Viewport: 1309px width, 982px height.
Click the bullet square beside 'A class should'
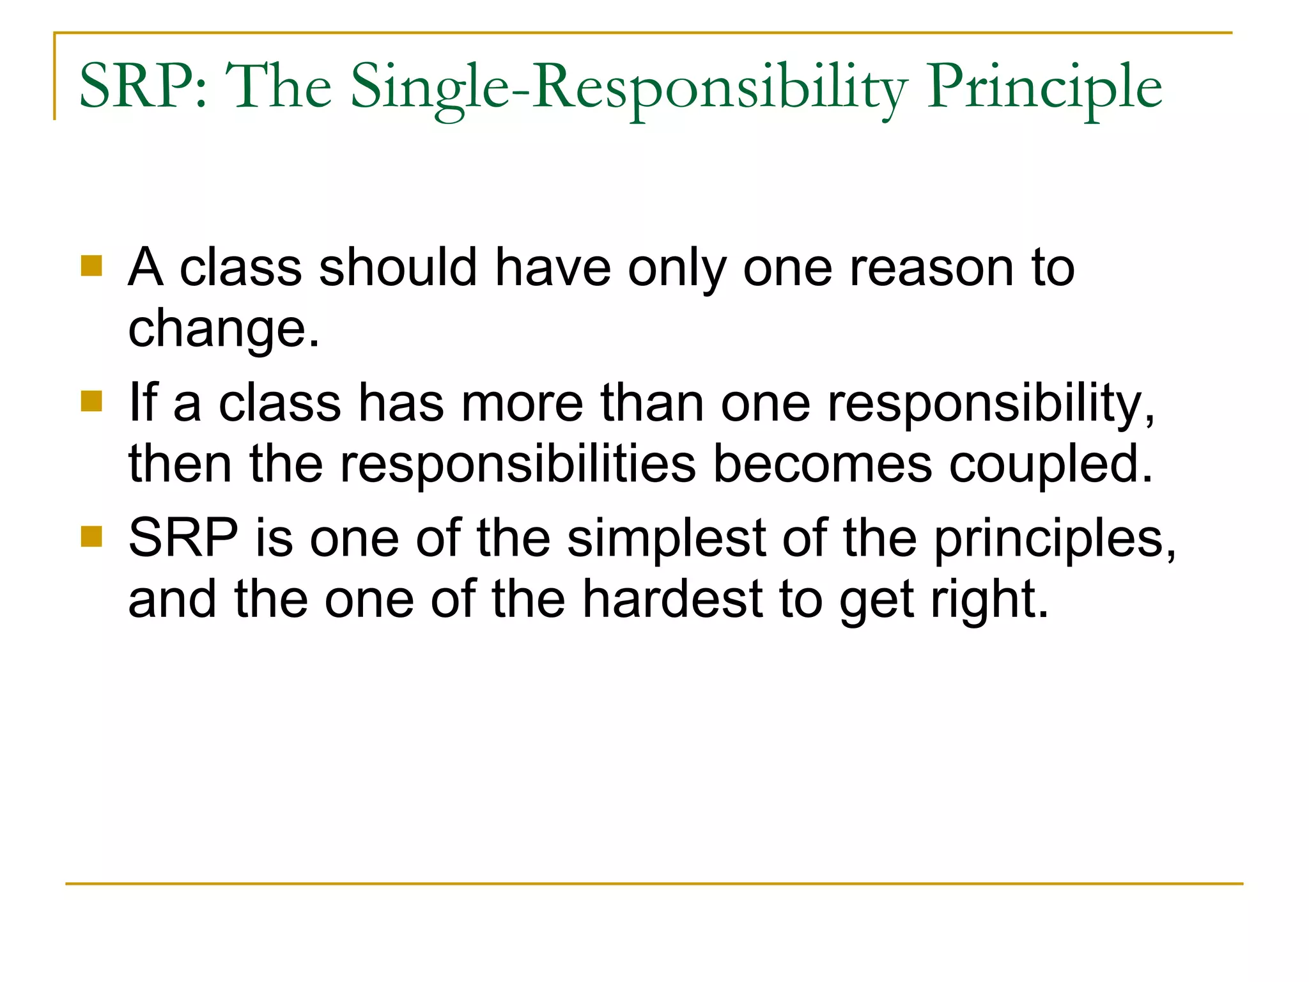point(92,266)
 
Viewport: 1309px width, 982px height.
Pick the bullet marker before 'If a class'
point(92,401)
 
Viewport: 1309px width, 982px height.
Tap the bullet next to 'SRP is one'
point(92,537)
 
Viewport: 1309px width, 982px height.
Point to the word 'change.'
point(224,329)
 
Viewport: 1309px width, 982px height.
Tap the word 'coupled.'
point(1051,465)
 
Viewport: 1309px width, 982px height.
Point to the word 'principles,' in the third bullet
point(1055,540)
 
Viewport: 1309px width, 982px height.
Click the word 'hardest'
point(672,599)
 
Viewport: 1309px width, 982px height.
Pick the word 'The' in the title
point(279,86)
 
